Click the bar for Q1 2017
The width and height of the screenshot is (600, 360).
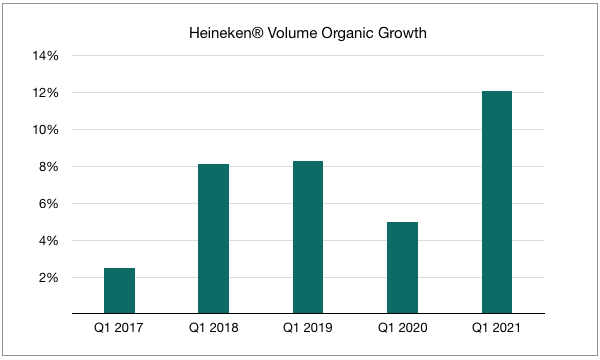click(119, 291)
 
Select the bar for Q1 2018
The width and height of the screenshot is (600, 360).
click(213, 239)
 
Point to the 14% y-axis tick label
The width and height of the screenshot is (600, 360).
click(49, 56)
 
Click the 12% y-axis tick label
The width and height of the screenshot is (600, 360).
click(49, 93)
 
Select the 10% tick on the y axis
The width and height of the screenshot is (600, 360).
click(49, 130)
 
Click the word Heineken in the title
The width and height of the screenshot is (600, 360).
click(221, 32)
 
